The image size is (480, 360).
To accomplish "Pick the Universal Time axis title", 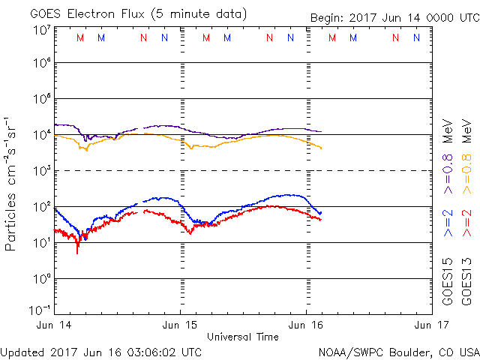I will [x=242, y=337].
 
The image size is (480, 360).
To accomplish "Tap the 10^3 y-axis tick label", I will [x=41, y=170].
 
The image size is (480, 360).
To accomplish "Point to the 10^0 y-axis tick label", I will [x=41, y=278].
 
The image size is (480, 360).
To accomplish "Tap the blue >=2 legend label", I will [x=448, y=224].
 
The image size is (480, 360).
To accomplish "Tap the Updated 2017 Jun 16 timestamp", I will [x=101, y=352].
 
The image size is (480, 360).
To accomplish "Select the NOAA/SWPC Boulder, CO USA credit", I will [x=398, y=352].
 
